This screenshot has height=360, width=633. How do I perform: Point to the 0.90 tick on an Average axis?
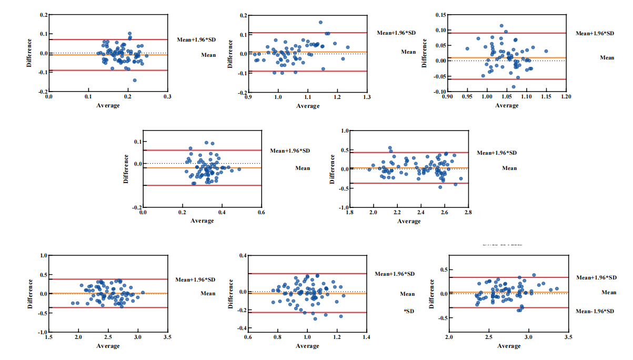click(447, 97)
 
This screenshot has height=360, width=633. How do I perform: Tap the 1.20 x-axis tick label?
click(566, 97)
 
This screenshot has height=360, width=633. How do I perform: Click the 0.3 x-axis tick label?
click(167, 97)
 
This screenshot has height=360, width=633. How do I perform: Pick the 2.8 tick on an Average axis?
click(468, 213)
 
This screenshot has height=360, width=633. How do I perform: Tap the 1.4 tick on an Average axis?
click(366, 337)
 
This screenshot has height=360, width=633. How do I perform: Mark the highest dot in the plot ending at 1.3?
click(320, 22)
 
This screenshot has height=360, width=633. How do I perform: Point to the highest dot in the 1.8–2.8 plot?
click(390, 148)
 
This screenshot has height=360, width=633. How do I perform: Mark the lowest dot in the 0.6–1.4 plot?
click(315, 318)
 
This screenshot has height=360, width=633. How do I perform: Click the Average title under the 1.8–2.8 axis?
click(409, 221)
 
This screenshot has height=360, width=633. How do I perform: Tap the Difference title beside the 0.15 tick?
click(425, 53)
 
